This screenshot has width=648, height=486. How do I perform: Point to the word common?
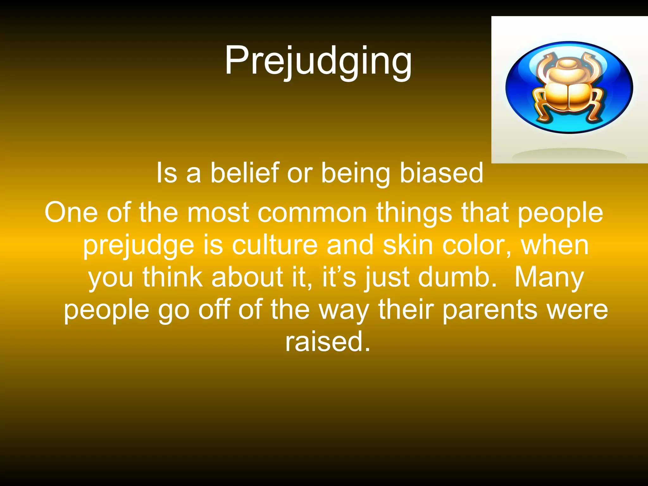312,213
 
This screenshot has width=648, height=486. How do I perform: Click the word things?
414,213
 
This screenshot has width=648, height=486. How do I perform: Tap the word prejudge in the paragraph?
138,246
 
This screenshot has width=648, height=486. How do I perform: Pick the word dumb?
457,277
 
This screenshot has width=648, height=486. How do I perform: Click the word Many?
549,278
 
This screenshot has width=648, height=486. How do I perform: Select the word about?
247,277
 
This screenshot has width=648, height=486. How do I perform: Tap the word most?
218,213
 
